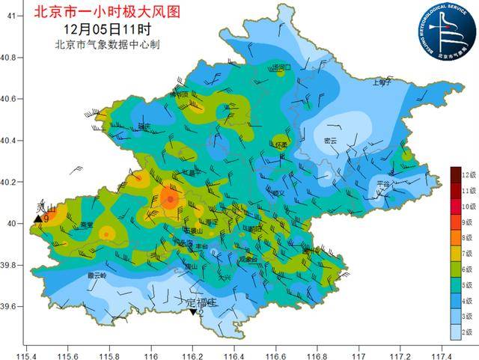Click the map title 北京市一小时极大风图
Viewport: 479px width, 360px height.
point(108,11)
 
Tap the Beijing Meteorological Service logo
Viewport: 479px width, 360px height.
point(447,32)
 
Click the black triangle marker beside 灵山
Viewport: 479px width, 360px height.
point(37,219)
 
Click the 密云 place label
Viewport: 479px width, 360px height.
point(330,141)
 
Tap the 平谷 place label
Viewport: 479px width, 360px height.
point(383,183)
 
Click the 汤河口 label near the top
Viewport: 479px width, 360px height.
point(281,67)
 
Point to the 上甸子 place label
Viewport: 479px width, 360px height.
point(382,82)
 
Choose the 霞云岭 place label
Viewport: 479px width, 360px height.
point(97,275)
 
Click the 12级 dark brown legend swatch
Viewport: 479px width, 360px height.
point(455,174)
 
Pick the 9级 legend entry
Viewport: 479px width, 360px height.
point(455,222)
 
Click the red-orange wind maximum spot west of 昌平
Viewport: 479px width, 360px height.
point(171,198)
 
